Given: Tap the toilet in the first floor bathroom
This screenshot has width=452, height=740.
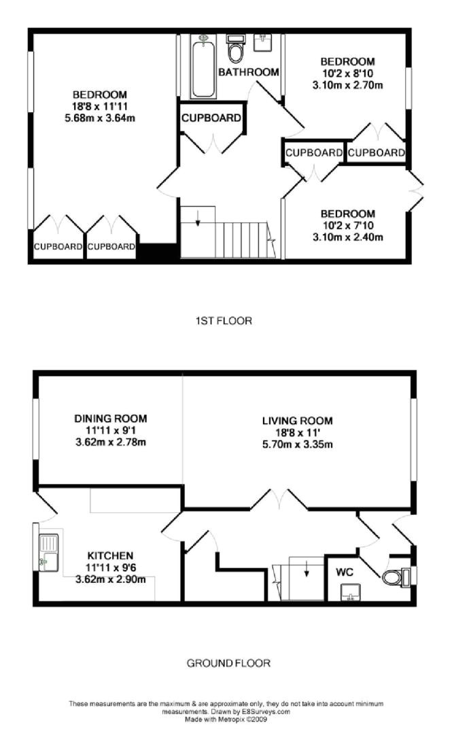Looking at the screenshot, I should coord(235,50).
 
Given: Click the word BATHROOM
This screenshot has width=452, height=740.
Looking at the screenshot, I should coord(249,72).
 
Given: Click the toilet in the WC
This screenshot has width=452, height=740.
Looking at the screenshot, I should coord(394,577).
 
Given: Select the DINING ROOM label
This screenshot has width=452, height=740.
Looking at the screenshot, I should coord(110,419).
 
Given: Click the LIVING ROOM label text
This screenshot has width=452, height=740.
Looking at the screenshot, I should coord(297,422).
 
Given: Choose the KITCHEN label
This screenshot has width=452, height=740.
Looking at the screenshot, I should coord(109,556).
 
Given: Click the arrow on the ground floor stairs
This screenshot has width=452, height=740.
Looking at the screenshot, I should coord(306,567).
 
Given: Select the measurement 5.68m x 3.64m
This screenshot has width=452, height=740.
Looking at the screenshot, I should coord(100,117).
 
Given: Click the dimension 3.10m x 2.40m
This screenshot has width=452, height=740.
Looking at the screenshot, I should coord(348,237).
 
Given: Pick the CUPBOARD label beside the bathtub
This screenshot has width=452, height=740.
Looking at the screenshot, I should coord(211,118).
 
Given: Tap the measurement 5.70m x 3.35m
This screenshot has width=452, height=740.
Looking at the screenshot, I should coord(297,445).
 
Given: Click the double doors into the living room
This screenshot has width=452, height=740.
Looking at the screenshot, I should coord(279,500).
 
